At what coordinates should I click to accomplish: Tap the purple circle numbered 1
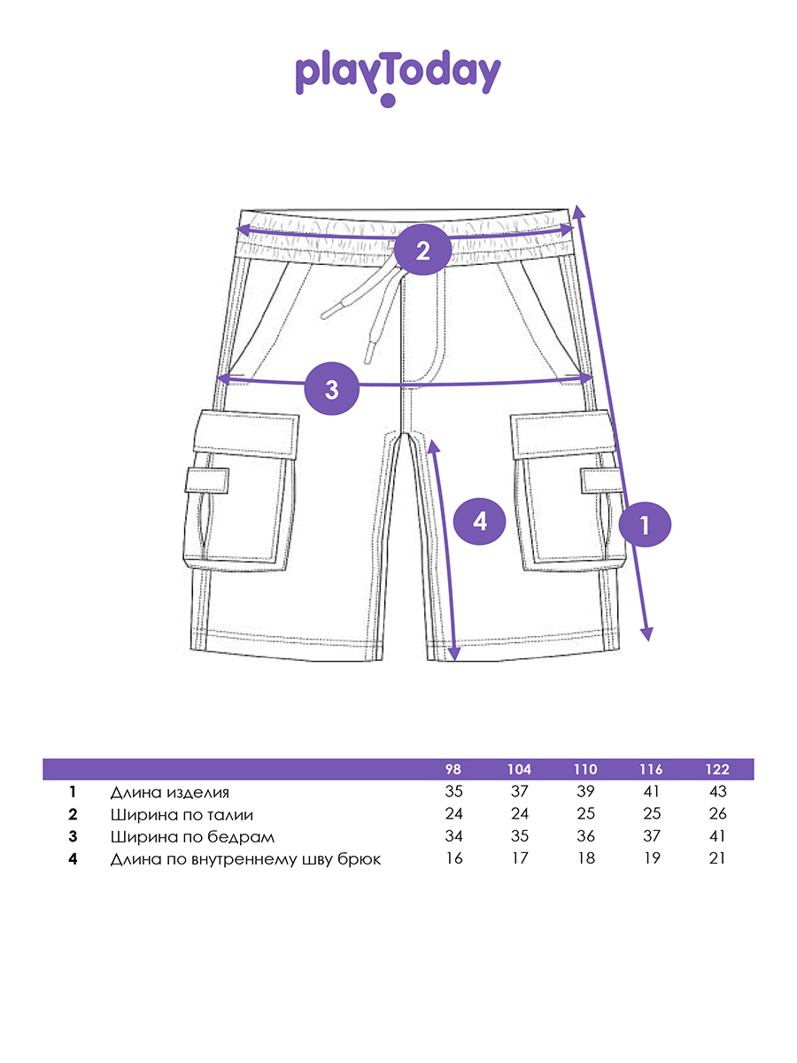click(x=645, y=526)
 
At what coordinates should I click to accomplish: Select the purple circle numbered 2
click(x=422, y=250)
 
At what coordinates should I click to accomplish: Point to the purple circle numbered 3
click(x=331, y=389)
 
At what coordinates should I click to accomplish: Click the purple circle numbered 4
click(x=480, y=521)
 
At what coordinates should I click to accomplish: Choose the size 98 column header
click(x=454, y=769)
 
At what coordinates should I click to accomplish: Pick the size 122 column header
click(x=717, y=769)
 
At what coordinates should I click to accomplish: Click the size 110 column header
click(x=585, y=769)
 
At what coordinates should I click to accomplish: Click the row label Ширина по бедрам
click(x=193, y=837)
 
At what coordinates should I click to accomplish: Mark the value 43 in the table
click(x=717, y=792)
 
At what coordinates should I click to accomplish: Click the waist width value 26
click(x=717, y=814)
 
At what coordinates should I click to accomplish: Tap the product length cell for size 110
click(x=585, y=792)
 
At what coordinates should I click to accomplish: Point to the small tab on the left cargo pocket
click(x=207, y=481)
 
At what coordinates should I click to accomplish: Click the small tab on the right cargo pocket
click(x=601, y=480)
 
